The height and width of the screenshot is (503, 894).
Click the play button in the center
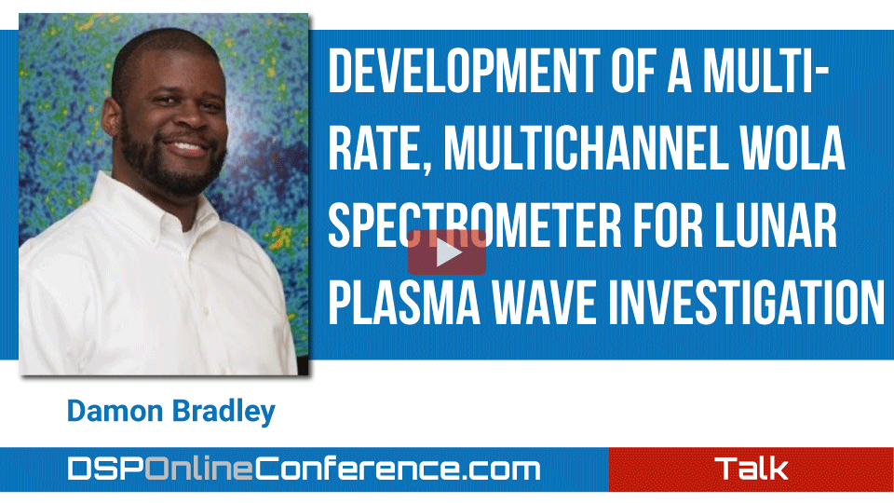pos(447,252)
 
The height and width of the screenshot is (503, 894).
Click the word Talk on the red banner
pos(752,469)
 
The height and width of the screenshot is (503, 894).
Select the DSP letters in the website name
pos(106,469)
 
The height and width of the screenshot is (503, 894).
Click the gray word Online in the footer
pos(199,469)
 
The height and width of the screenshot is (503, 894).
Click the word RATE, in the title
pos(380,151)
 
